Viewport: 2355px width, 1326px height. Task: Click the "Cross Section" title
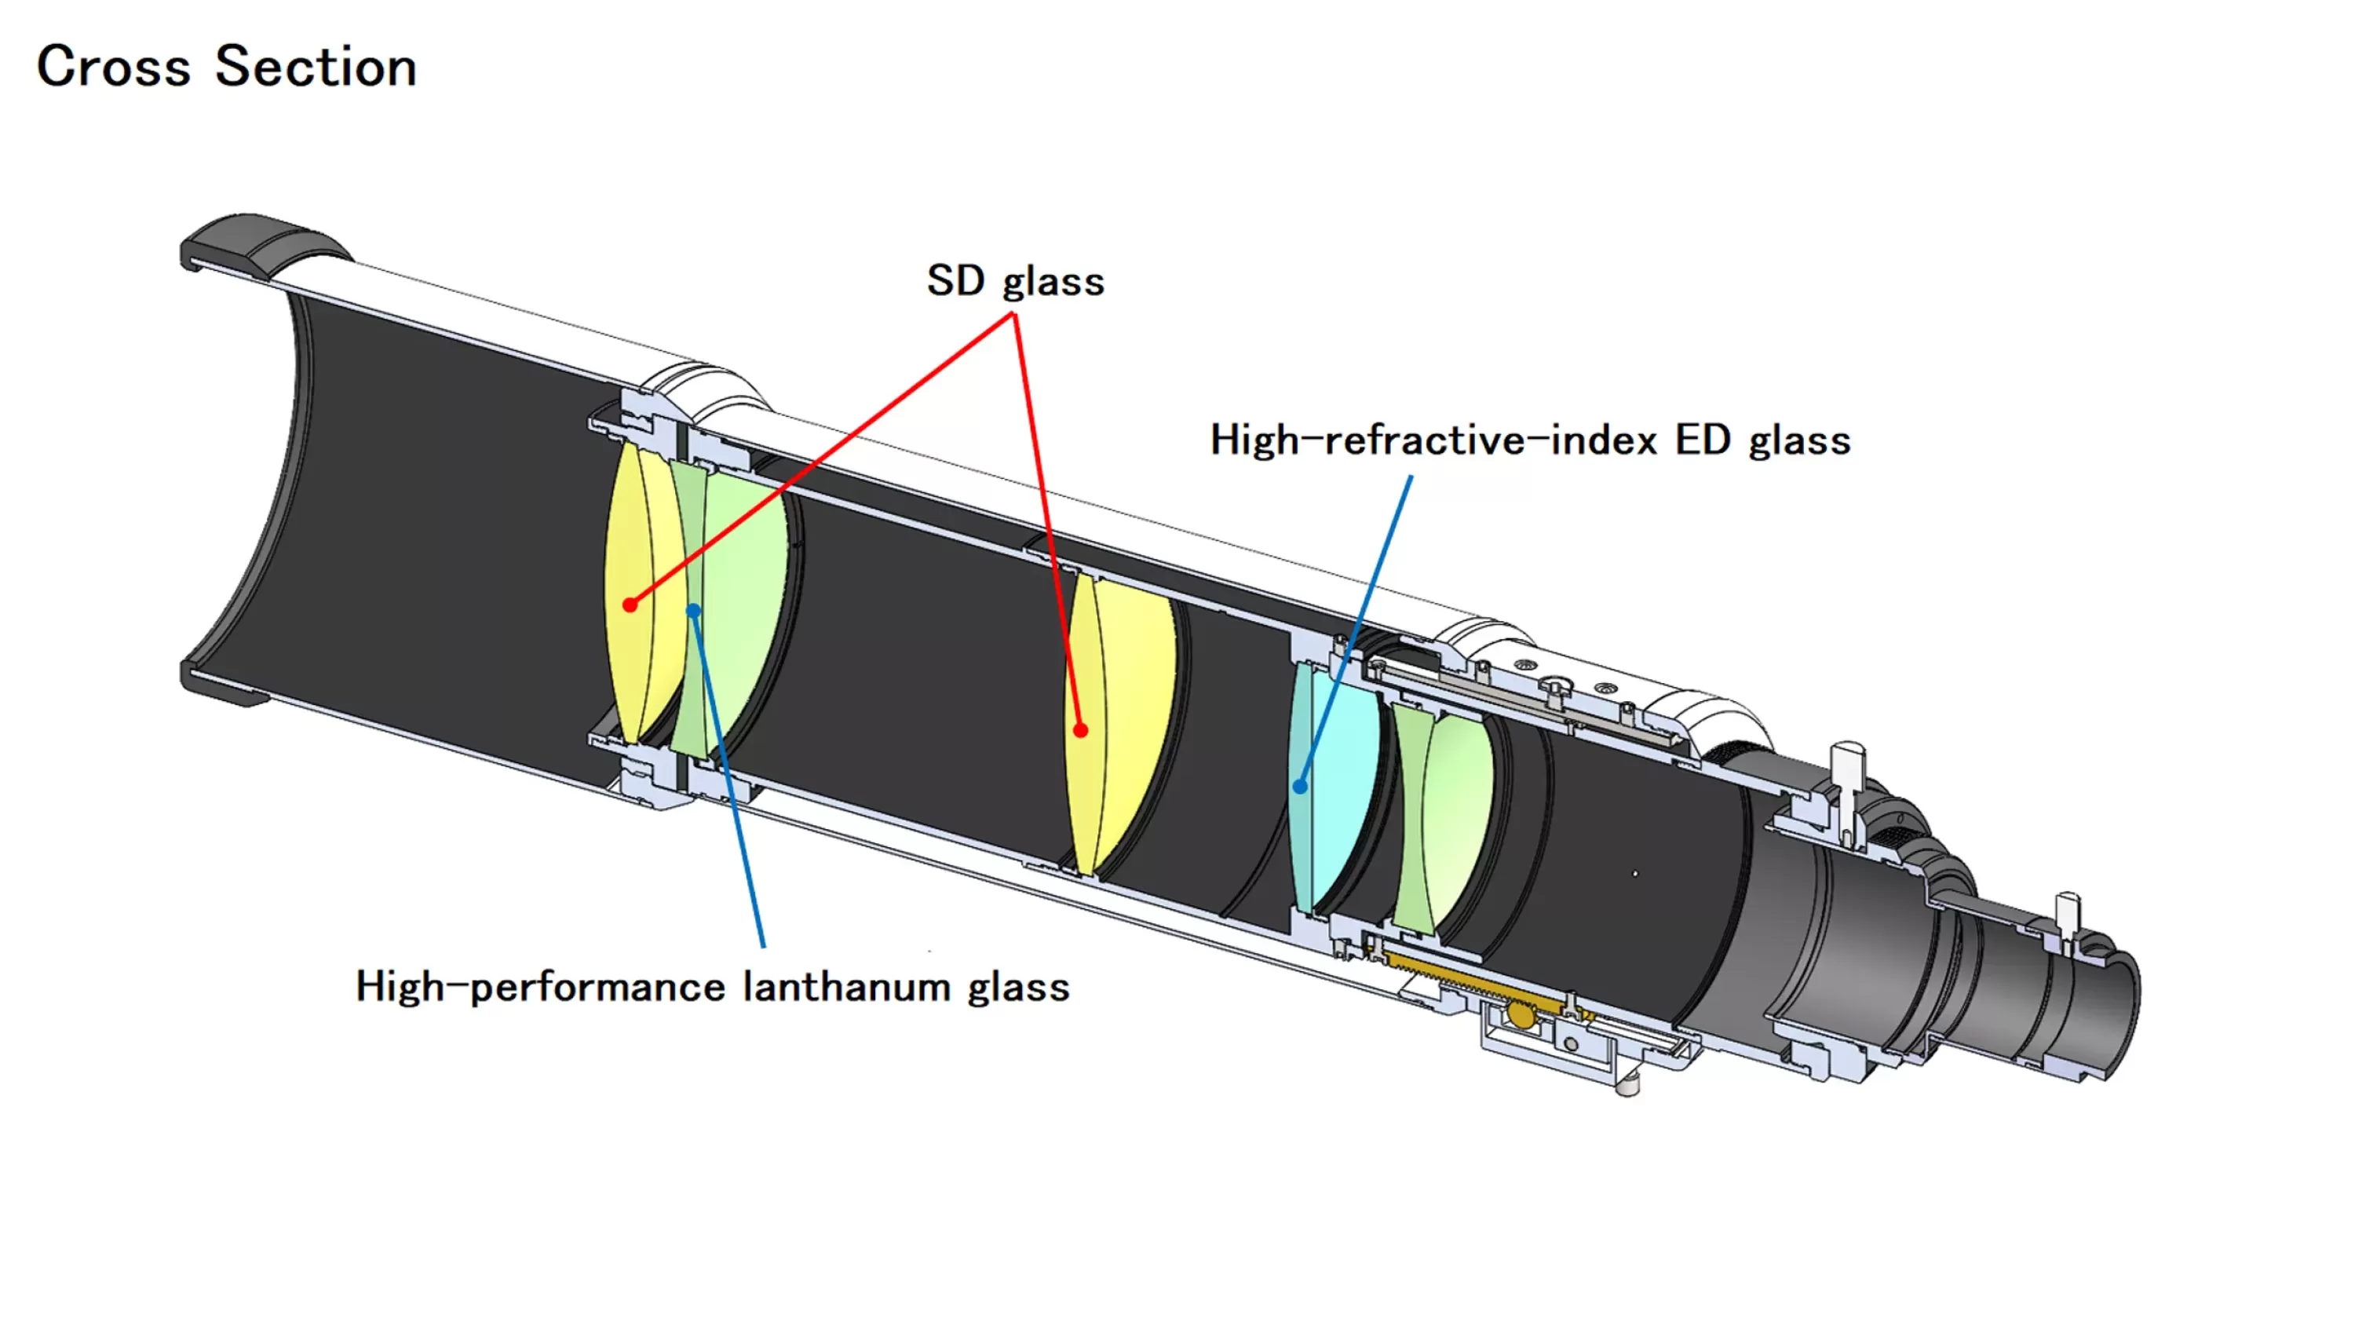coord(227,67)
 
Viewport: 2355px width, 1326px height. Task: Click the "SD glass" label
coord(1015,281)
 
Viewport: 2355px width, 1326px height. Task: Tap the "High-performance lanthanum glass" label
coord(712,987)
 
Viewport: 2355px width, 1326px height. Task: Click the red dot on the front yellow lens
coord(630,605)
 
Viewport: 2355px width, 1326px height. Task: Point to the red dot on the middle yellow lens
coord(1081,730)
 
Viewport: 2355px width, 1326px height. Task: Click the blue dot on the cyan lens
coord(1300,786)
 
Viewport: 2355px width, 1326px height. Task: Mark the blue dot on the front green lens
coord(694,610)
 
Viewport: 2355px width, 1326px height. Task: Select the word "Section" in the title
coord(316,67)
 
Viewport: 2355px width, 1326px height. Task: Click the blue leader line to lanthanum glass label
coord(728,778)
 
